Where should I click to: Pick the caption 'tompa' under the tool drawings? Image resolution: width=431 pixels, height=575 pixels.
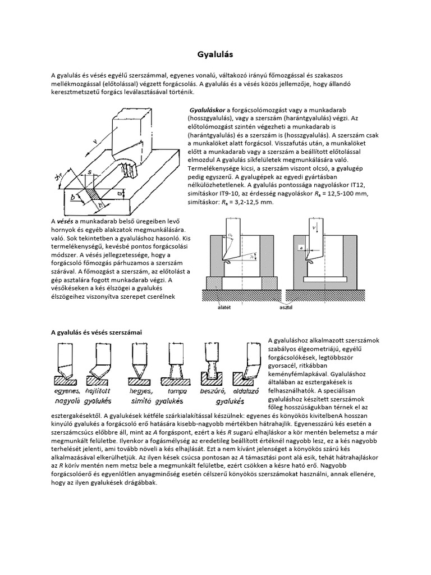coord(177,391)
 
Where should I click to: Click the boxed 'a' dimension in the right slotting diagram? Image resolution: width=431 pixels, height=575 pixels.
coord(302,246)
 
